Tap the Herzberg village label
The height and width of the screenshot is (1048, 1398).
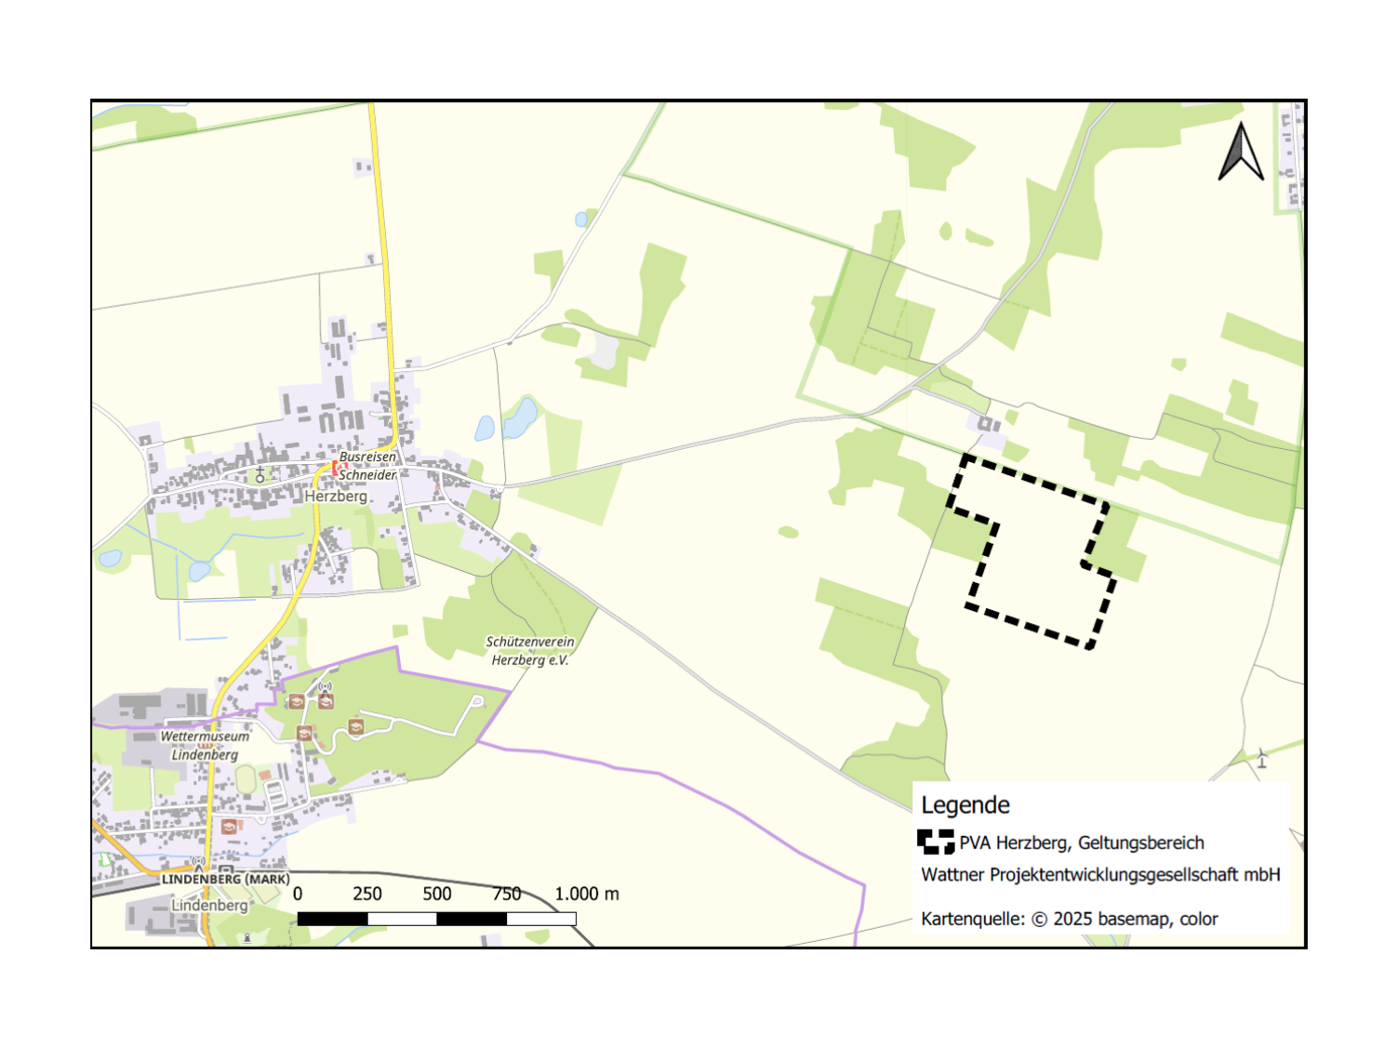coord(336,497)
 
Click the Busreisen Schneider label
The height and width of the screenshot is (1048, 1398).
coord(367,466)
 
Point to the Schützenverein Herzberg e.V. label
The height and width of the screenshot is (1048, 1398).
coord(530,651)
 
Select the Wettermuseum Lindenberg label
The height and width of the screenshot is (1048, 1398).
coord(205,745)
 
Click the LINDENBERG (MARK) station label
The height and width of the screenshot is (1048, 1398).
coord(226,879)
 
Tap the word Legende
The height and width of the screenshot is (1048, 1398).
coord(965,805)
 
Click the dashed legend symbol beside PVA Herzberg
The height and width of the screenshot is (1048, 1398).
coord(936,842)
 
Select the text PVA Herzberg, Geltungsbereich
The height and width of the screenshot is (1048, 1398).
coord(1081,843)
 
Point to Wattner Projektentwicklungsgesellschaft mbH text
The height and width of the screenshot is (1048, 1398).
coord(1100,875)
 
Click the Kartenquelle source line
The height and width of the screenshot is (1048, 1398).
coord(1069,919)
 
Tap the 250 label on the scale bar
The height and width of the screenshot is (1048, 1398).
coord(367,894)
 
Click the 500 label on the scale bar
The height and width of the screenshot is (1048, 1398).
coord(437,894)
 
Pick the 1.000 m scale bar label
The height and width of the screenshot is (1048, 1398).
coord(586,894)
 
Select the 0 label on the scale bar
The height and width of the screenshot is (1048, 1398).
coord(298,894)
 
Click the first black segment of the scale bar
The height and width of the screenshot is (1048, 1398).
coord(332,919)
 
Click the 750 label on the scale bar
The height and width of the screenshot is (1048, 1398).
coord(507,894)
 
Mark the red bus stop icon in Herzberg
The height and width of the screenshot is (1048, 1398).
coord(337,468)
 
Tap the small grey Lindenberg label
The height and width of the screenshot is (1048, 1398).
coord(210,905)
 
